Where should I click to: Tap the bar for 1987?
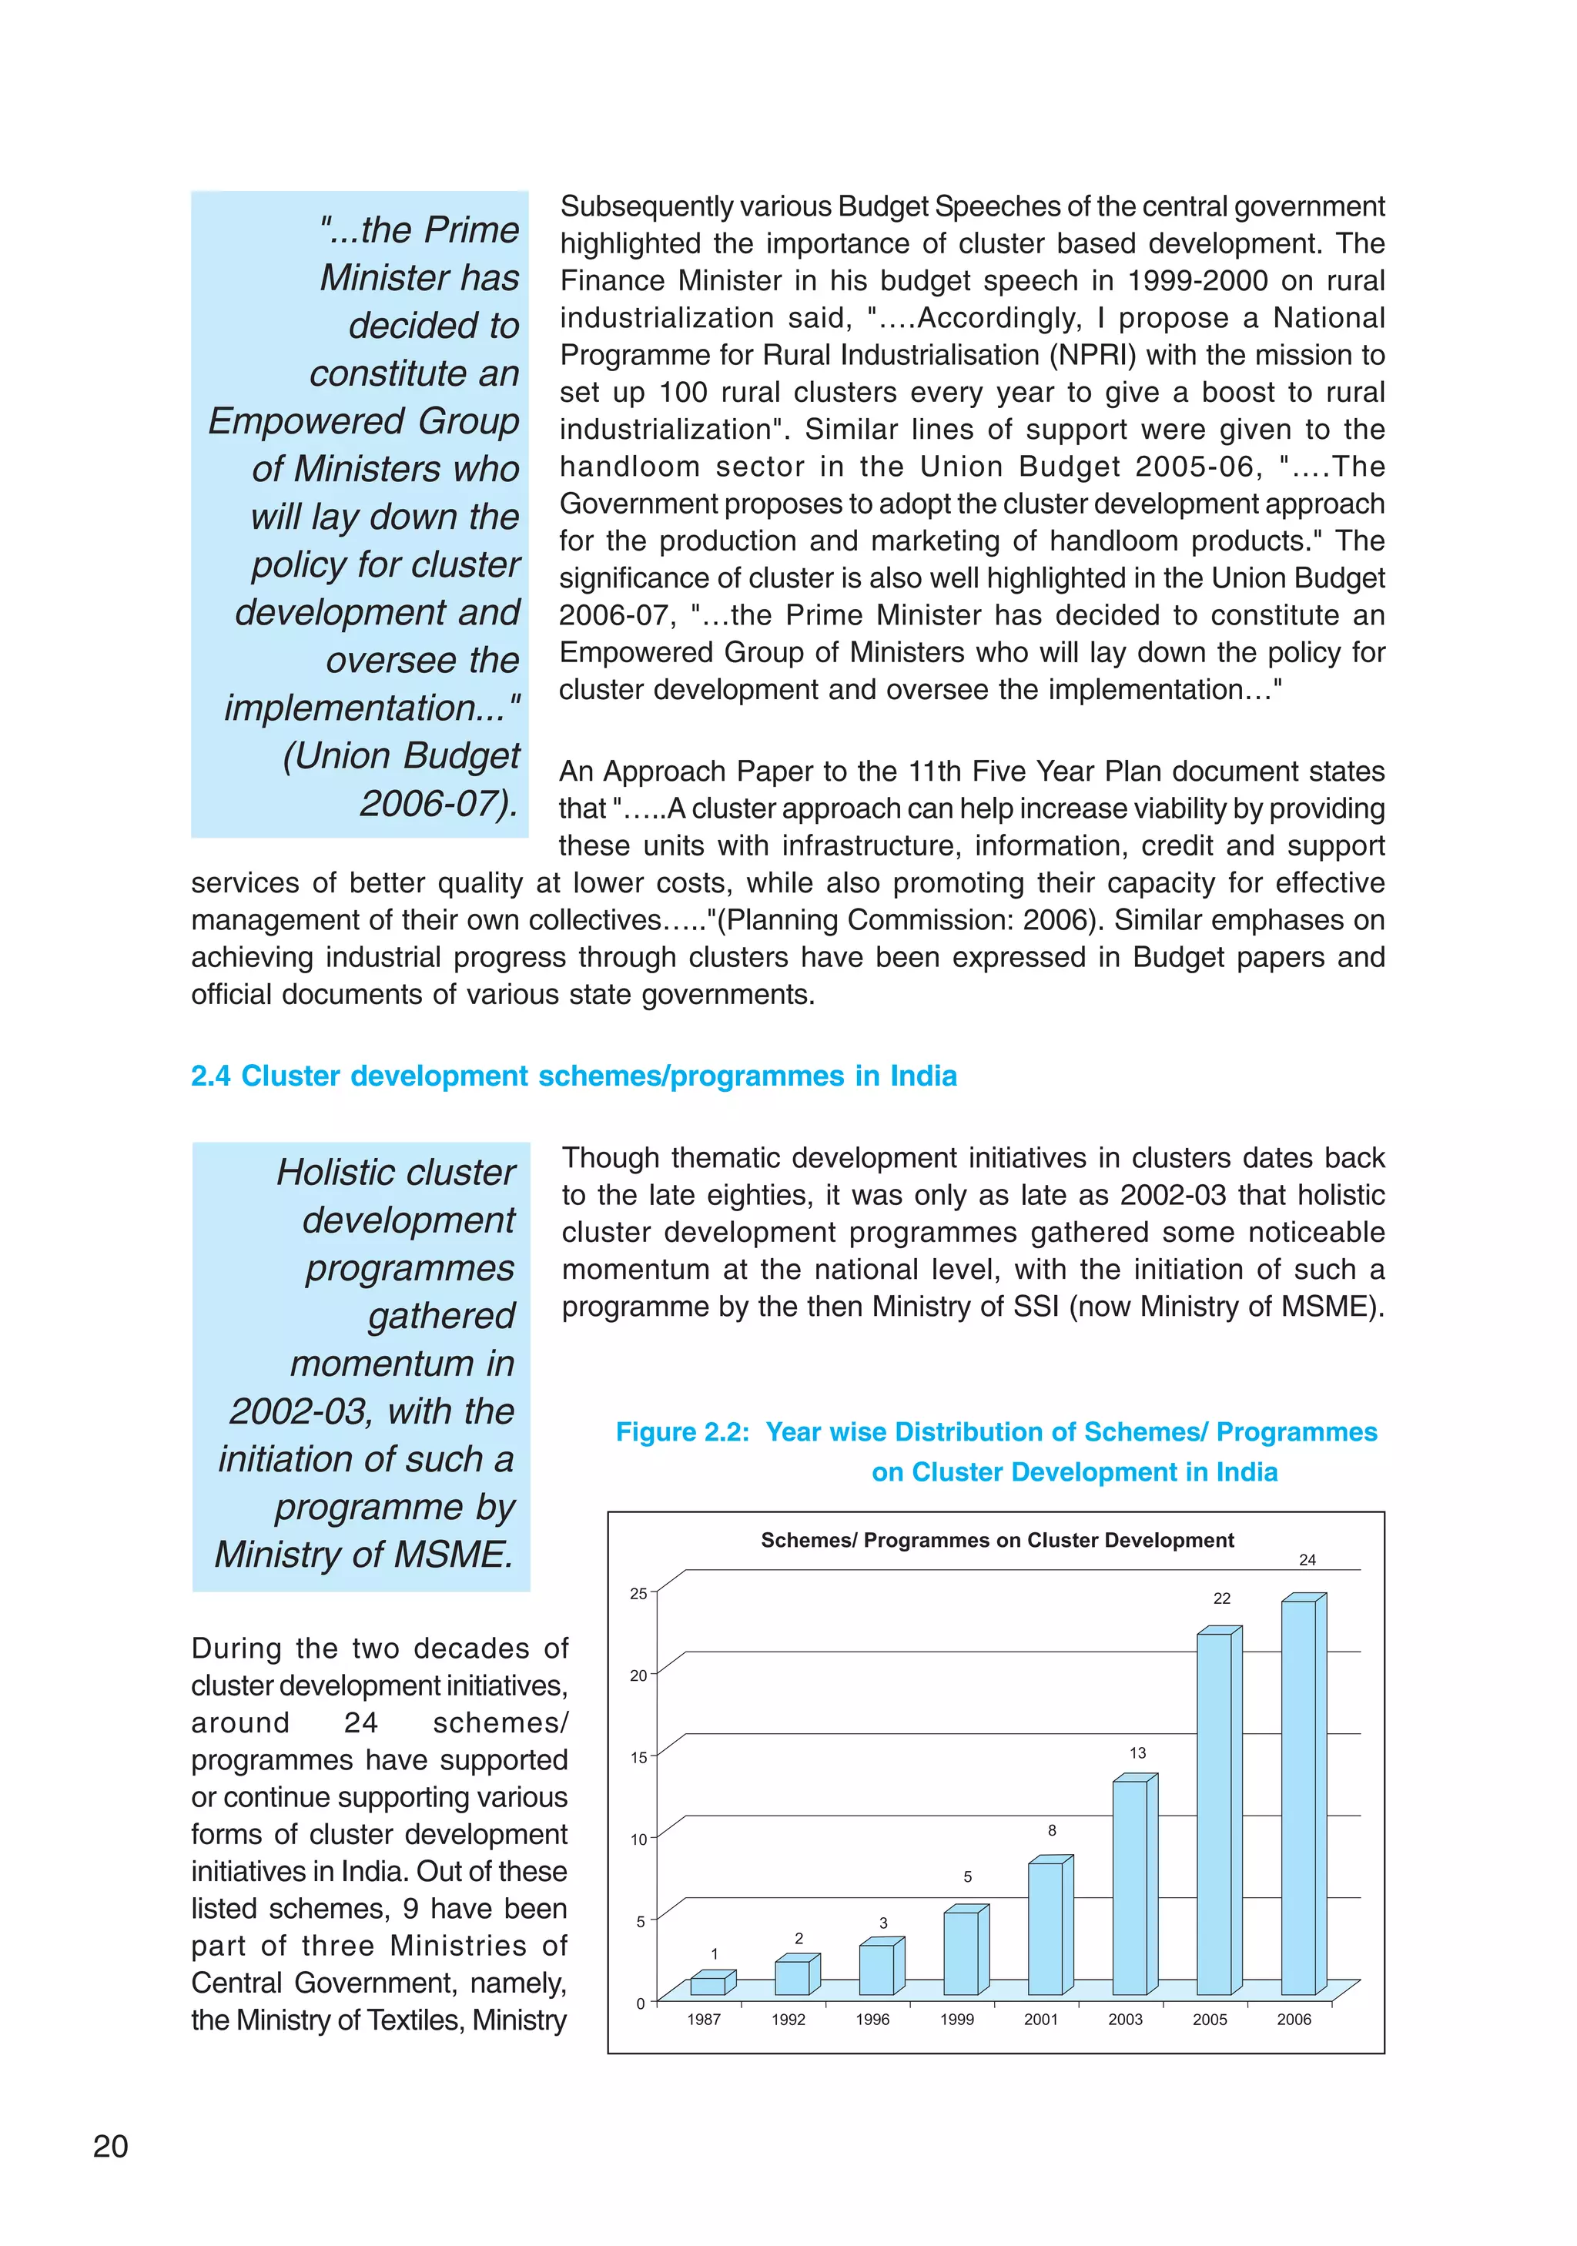point(708,1986)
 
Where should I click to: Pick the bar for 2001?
point(1045,1928)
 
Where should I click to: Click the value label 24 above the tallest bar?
point(1307,1559)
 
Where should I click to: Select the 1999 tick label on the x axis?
point(957,2019)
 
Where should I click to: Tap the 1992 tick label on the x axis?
point(788,2019)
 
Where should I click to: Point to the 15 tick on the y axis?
point(638,1758)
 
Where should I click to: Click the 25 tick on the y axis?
point(638,1594)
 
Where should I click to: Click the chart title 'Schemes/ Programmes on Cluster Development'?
point(997,1540)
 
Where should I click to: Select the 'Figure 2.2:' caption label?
point(682,1432)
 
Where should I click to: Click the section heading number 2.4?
point(210,1076)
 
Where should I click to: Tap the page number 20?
point(111,2146)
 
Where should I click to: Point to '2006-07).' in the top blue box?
point(438,804)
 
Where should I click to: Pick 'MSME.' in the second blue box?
point(453,1555)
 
